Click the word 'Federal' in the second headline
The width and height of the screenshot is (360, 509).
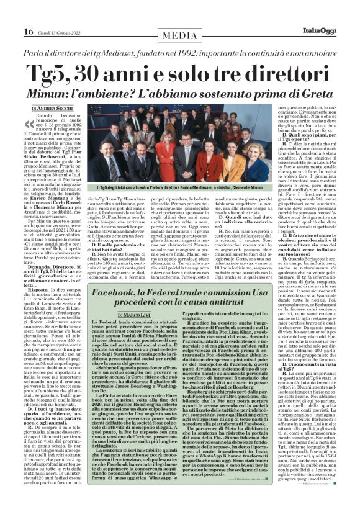click(174, 292)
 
